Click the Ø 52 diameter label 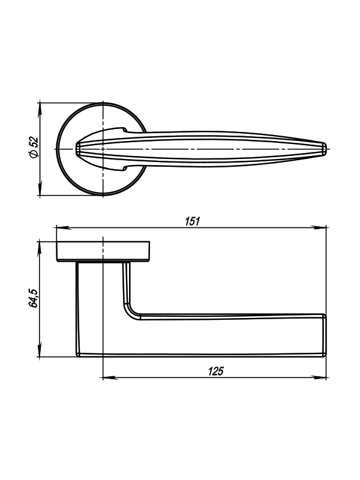point(34,147)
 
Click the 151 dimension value point(193,221)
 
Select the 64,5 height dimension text point(33,298)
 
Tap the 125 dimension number point(216,371)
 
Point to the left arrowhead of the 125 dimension point(110,377)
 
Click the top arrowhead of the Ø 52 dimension point(40,110)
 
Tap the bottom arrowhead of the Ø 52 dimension point(40,188)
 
